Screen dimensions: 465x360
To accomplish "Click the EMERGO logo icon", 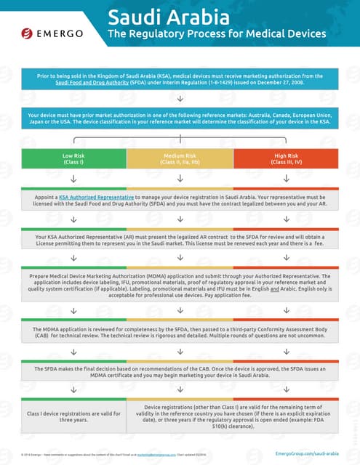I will coord(27,33).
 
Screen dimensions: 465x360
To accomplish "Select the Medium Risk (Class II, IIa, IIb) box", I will coord(180,159).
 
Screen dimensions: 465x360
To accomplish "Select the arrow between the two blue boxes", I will coord(180,98).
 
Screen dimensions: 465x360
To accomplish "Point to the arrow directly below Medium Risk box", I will coord(180,179).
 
